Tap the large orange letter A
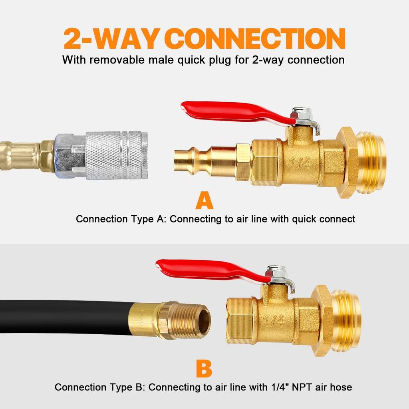204,201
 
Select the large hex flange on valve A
346,162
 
